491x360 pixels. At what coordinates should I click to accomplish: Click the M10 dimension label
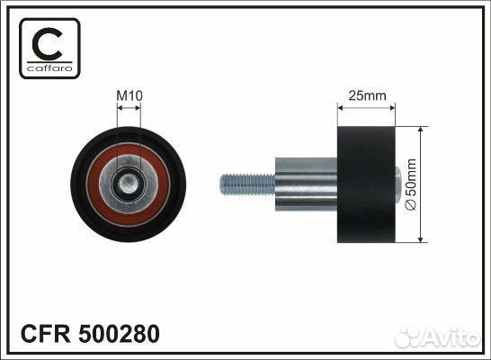[129, 93]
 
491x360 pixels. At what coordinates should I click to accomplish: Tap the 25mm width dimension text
[365, 93]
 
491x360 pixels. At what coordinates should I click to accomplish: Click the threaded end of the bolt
[240, 185]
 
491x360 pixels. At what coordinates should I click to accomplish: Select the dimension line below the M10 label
[129, 107]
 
